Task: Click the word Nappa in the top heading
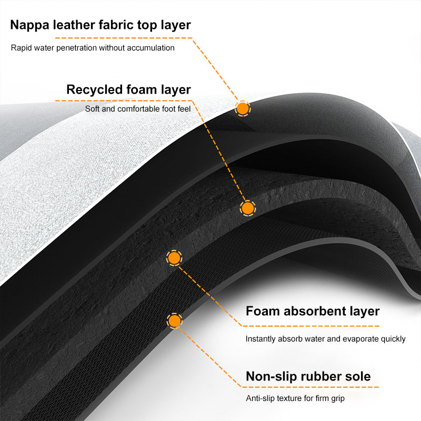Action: (x=31, y=25)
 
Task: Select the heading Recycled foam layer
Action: (x=128, y=89)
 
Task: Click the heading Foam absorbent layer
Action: (x=313, y=310)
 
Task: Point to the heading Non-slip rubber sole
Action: (x=308, y=376)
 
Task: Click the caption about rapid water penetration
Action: (x=93, y=48)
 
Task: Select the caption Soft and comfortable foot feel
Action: (x=138, y=109)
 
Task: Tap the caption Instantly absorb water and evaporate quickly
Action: (x=325, y=339)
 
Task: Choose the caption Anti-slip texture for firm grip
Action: (x=295, y=398)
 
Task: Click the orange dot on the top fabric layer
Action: (x=243, y=108)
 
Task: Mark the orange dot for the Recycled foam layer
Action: (x=247, y=207)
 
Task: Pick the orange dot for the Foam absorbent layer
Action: (x=174, y=258)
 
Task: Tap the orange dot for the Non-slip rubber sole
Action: (x=174, y=320)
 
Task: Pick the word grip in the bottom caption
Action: (x=337, y=398)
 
